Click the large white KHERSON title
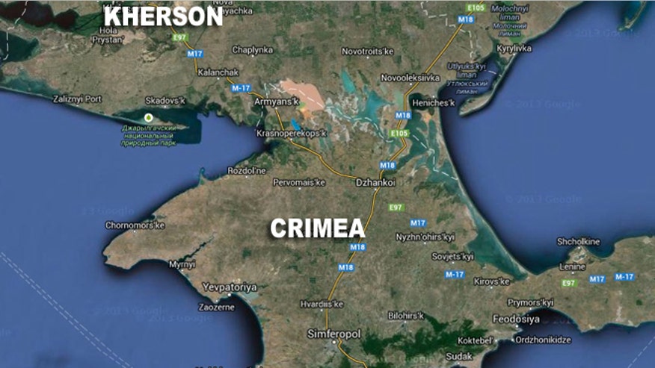(x=162, y=16)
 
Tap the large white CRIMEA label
(x=318, y=228)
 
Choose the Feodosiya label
(x=516, y=319)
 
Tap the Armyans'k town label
(x=278, y=101)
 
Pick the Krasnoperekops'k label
(x=292, y=133)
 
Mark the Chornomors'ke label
(x=135, y=225)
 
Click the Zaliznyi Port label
(x=79, y=98)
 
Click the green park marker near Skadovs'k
(x=148, y=117)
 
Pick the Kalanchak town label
(x=218, y=72)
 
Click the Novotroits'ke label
(x=367, y=51)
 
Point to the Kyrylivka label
(x=513, y=49)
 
